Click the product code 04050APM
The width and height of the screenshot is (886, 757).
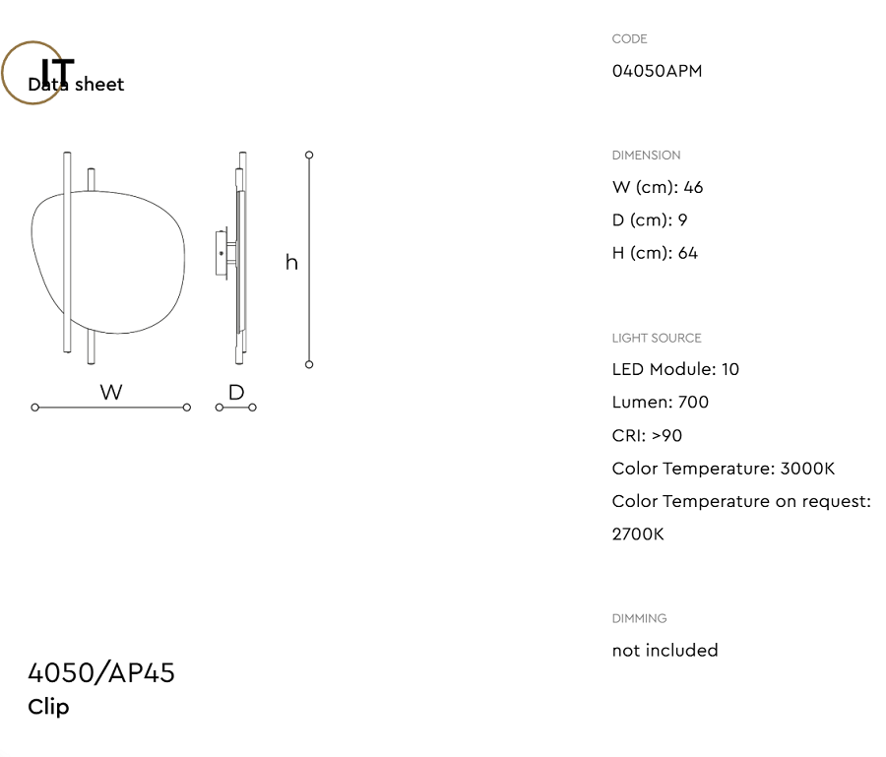(x=657, y=71)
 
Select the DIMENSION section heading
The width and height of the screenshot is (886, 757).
(x=646, y=156)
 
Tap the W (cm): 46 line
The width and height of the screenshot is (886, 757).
(x=658, y=188)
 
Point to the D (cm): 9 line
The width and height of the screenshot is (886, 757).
(x=650, y=221)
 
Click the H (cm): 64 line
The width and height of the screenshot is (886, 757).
(x=655, y=253)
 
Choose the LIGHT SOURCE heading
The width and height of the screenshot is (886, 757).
(x=657, y=339)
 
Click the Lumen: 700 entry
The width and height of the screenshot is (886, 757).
(x=660, y=403)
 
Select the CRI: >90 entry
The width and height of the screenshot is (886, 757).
(x=647, y=435)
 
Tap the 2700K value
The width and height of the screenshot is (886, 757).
(x=638, y=535)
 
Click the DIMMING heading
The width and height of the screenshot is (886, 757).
(x=639, y=618)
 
